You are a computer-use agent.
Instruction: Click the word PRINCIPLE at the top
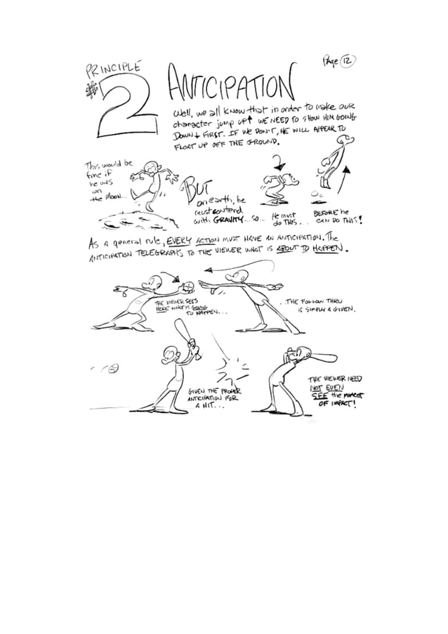pos(112,69)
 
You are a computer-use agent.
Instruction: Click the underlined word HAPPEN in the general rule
pos(329,249)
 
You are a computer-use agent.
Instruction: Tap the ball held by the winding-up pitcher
pos(190,286)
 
